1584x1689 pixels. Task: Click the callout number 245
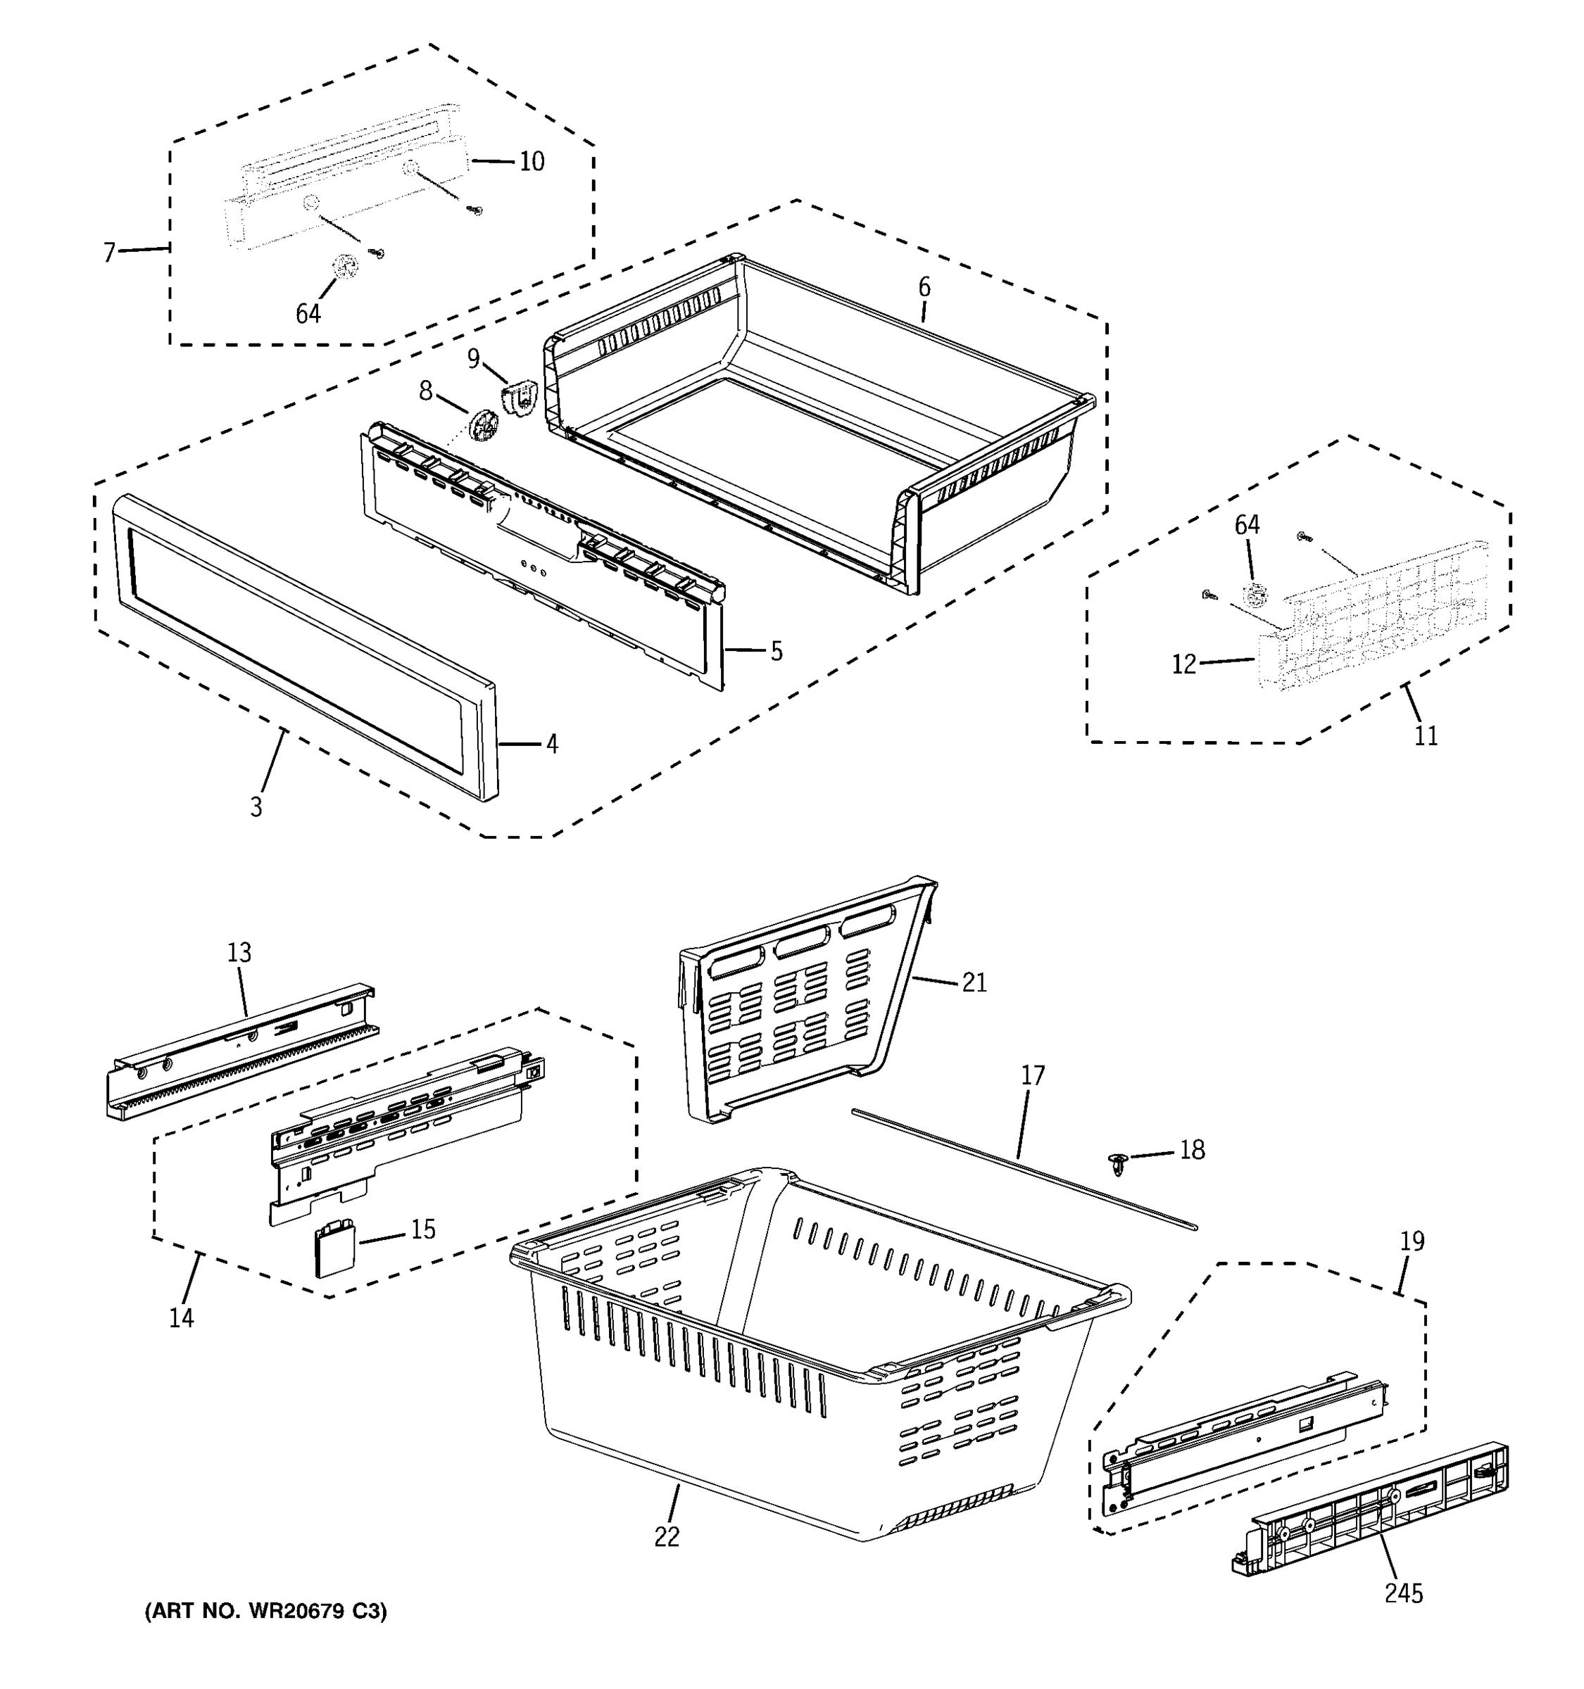click(1403, 1593)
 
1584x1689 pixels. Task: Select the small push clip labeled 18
click(1119, 1163)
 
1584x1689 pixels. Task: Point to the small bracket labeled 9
click(520, 398)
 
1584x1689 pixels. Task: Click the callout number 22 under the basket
click(667, 1536)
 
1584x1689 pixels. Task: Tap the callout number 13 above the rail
click(239, 952)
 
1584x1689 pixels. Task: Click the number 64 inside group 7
click(308, 313)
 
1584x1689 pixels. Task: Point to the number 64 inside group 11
click(1247, 525)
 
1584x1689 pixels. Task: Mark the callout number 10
click(532, 161)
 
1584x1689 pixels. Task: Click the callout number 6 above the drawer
click(924, 287)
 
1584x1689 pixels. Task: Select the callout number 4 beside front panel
click(553, 745)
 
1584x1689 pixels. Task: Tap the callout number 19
click(1412, 1241)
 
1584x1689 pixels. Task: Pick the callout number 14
click(181, 1317)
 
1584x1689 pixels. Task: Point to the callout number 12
click(1183, 664)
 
